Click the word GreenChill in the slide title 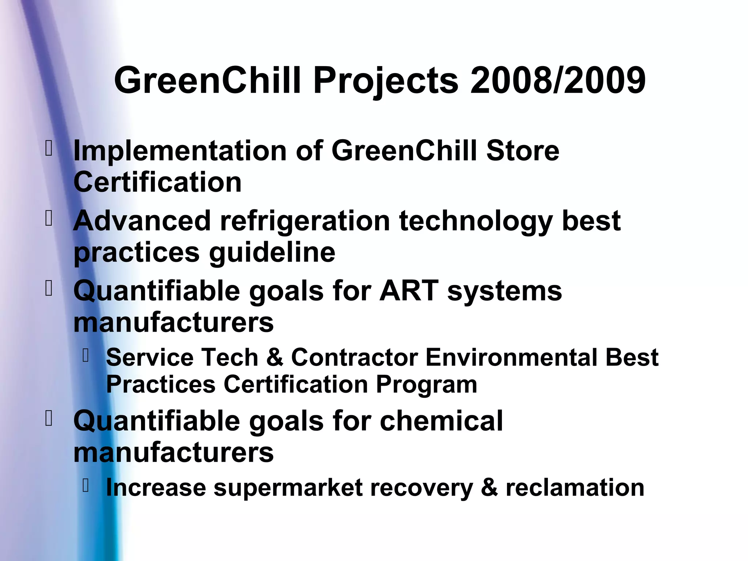click(x=208, y=80)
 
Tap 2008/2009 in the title click(x=558, y=80)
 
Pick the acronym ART click(x=409, y=291)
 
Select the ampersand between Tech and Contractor click(x=275, y=357)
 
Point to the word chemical click(x=441, y=421)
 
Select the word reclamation click(x=575, y=488)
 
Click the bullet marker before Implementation click(x=49, y=149)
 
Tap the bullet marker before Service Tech click(x=86, y=355)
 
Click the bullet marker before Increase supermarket click(x=86, y=485)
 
